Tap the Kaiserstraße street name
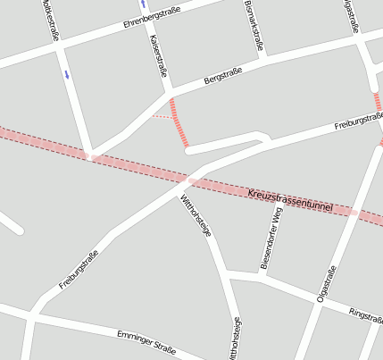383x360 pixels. point(160,55)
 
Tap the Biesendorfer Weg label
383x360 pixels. point(271,237)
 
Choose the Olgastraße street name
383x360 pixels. point(327,284)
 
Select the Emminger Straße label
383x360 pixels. point(146,340)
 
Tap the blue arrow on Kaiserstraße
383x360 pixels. point(143,4)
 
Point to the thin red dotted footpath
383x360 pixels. point(161,116)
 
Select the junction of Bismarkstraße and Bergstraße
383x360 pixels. point(264,61)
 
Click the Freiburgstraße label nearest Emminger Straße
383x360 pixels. point(79,270)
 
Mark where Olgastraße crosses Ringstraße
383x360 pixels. point(312,299)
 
